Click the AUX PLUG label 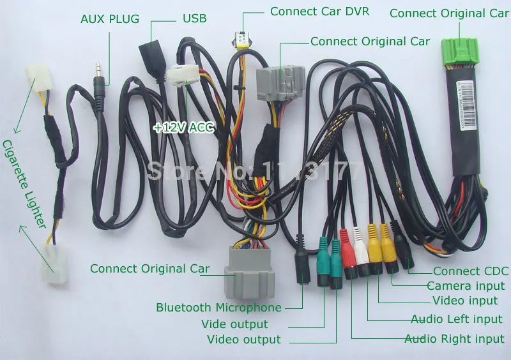pyautogui.click(x=109, y=19)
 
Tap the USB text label pyautogui.click(x=195, y=19)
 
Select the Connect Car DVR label pyautogui.click(x=319, y=11)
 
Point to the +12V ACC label pyautogui.click(x=183, y=127)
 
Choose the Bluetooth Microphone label pyautogui.click(x=218, y=308)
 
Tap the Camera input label pyautogui.click(x=465, y=286)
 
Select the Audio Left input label pyautogui.click(x=457, y=319)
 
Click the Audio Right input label pyautogui.click(x=454, y=339)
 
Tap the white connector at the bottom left pyautogui.click(x=54, y=262)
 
